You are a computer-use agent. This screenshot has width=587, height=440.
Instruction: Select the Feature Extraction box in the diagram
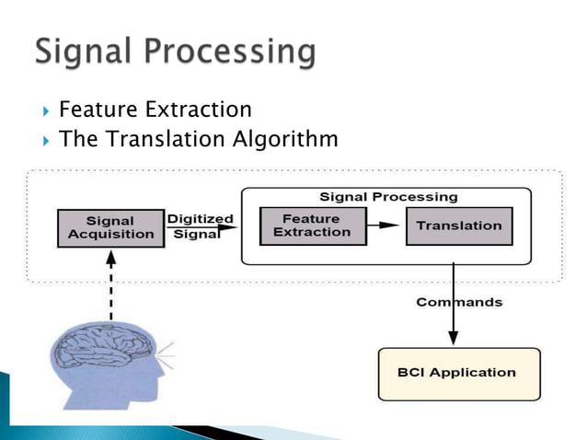tap(312, 226)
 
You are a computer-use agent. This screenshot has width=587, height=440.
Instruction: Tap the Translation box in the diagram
tap(458, 226)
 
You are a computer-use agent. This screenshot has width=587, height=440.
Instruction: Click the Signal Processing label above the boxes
tap(387, 196)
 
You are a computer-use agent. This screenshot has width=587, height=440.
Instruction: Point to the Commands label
tap(459, 302)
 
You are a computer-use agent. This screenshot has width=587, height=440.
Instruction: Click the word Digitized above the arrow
tap(200, 218)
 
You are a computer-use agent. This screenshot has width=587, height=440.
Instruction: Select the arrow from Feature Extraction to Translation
tap(385, 226)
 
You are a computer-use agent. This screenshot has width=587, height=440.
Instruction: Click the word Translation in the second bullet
tap(148, 140)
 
